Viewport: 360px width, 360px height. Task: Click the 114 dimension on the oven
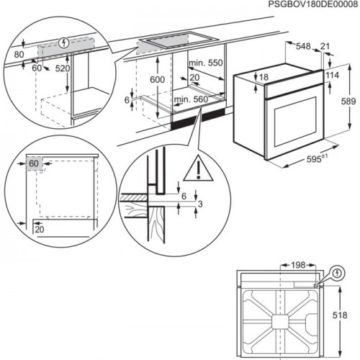pos(332,76)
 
